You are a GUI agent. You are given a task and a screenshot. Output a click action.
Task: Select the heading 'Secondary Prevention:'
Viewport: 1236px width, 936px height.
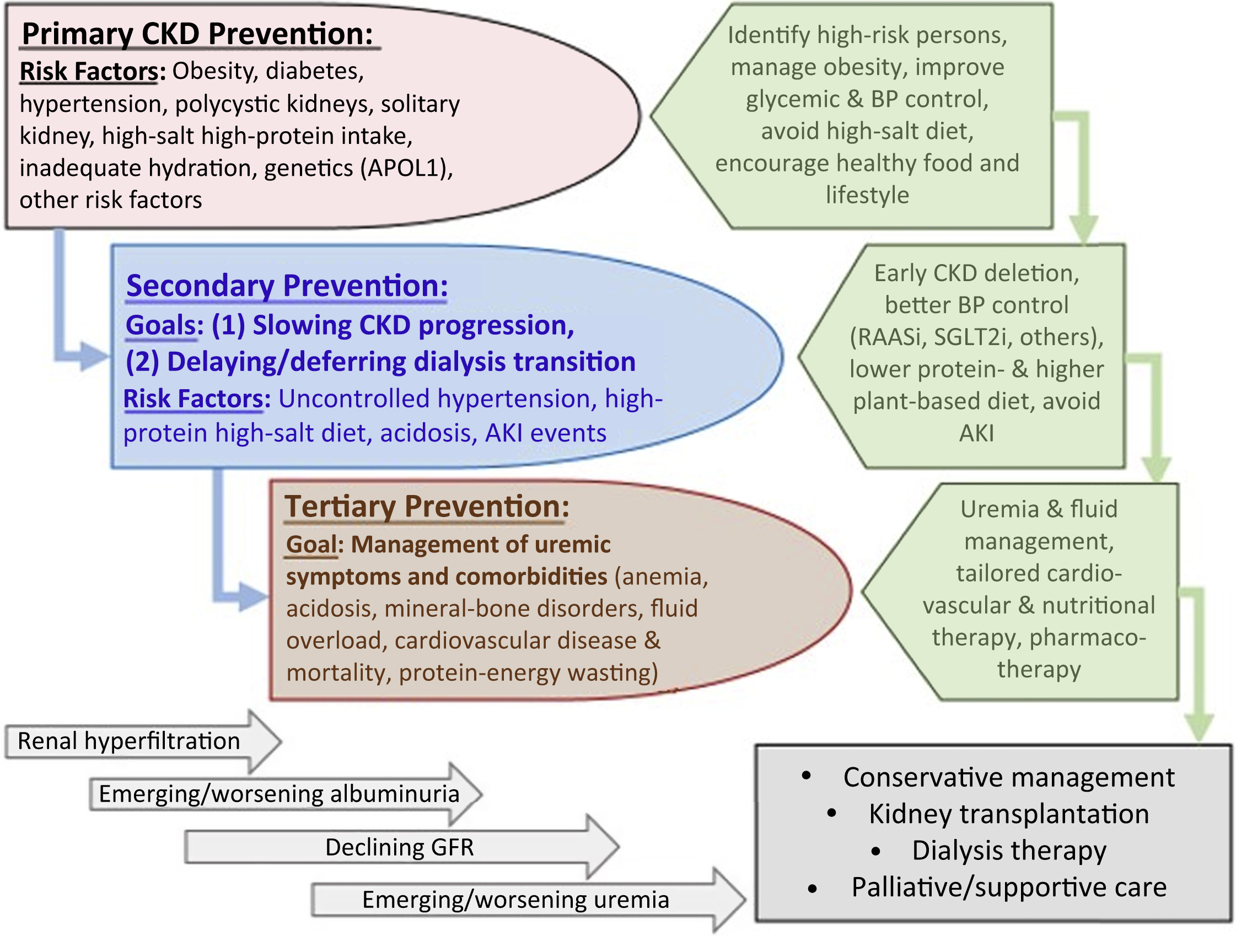click(287, 286)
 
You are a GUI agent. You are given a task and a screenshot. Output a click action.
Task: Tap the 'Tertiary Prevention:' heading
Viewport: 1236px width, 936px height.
click(427, 506)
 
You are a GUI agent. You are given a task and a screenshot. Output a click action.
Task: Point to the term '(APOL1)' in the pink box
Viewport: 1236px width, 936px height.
click(407, 168)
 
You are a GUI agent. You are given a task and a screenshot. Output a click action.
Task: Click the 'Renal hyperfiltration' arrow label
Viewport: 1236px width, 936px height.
click(129, 741)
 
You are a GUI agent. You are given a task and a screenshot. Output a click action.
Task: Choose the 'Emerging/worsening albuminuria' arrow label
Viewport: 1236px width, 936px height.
click(279, 793)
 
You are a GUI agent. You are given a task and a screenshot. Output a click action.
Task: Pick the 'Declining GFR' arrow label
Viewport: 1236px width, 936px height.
click(400, 847)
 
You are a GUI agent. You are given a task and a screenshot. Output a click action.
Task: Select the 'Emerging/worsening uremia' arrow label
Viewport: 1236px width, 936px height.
click(515, 900)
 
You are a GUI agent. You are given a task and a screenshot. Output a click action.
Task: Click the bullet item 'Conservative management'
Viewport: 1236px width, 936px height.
click(1008, 777)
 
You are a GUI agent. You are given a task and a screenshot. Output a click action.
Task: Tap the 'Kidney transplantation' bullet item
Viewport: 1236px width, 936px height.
click(1008, 814)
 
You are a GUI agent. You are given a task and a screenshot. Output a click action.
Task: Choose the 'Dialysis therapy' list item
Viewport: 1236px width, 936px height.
click(1008, 851)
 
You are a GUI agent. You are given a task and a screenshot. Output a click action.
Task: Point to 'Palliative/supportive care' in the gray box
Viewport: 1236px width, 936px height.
click(1008, 887)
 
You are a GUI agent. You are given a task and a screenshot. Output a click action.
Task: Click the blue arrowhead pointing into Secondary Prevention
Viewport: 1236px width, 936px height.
click(93, 356)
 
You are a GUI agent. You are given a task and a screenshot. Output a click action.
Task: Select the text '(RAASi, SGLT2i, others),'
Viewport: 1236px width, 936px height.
click(976, 337)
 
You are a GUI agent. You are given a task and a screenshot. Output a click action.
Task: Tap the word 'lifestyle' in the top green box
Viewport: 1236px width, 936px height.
click(867, 195)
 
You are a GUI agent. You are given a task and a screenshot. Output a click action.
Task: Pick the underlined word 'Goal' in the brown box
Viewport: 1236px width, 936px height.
click(312, 544)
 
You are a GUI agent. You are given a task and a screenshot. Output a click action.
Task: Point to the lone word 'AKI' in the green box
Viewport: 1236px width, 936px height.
click(976, 433)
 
